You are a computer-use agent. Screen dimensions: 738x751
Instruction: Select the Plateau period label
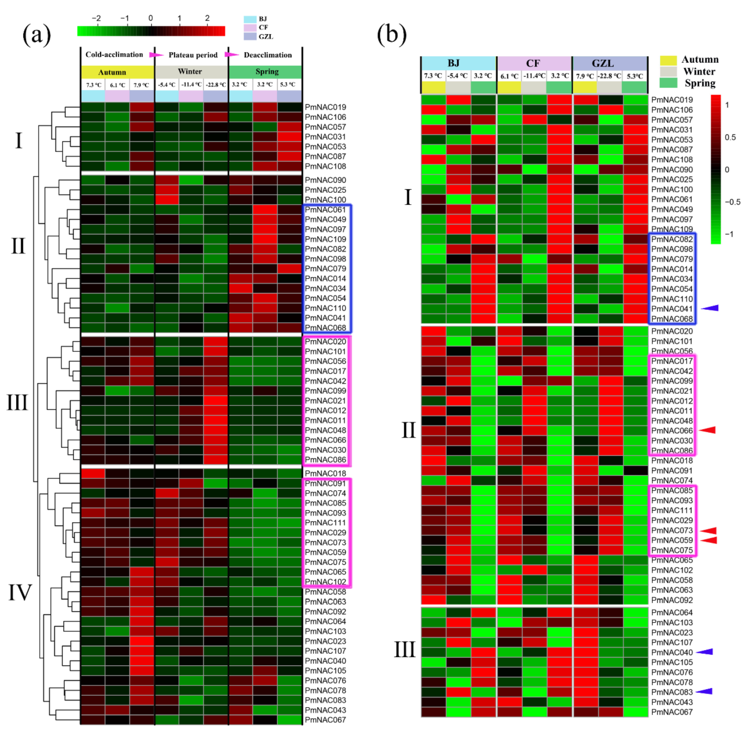pyautogui.click(x=193, y=55)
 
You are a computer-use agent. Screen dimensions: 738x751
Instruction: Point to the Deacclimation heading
pyautogui.click(x=267, y=55)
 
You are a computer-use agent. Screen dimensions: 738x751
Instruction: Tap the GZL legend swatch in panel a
pyautogui.click(x=250, y=36)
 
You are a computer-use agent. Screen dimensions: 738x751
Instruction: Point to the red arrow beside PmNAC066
pyautogui.click(x=708, y=430)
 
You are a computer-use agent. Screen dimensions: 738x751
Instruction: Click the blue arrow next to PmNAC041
pyautogui.click(x=710, y=308)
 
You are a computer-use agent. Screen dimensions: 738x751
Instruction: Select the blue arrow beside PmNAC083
pyautogui.click(x=704, y=691)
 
